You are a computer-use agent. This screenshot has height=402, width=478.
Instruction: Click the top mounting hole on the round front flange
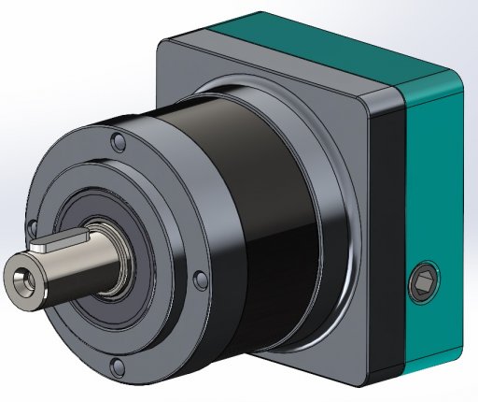118,144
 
